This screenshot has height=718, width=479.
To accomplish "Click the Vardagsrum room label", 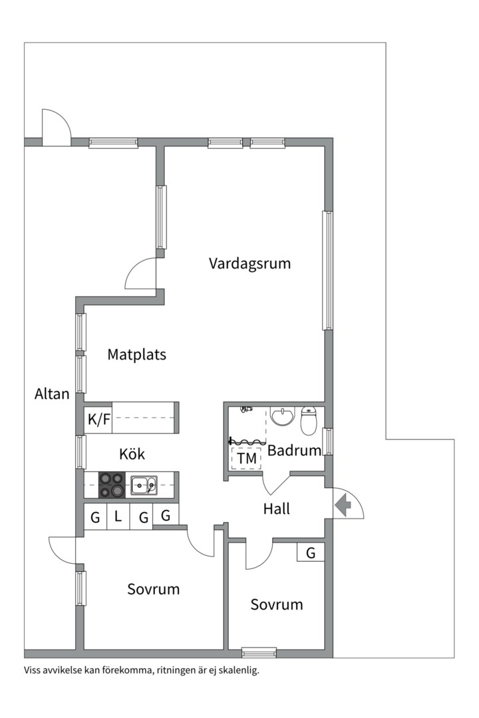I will pos(249,263).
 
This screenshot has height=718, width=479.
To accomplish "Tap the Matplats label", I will pos(136,354).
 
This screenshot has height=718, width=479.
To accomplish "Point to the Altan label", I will pos(52,394).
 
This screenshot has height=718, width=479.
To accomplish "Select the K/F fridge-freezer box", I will pos(98,419).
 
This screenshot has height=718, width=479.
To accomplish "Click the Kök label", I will pos(132,455).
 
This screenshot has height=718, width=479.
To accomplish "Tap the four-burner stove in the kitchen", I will pos(112,485).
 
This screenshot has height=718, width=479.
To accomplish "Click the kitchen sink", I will pos(144,485).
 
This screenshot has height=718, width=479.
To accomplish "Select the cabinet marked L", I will pos(118,517).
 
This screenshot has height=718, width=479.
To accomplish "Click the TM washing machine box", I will pos(246,458).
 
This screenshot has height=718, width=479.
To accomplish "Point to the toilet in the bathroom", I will pos(310,419).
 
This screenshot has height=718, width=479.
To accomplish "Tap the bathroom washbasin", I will pos(283,417).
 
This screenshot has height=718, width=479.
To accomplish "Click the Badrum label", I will pos(294,450).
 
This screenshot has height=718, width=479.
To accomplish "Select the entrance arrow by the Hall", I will pos(343,506).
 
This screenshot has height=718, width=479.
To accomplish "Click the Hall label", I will pos(277,509).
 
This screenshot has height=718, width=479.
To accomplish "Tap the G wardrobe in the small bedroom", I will pos(311,552).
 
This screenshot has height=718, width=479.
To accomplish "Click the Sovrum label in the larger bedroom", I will pos(154,589).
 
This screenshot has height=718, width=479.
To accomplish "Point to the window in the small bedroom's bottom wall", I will pos(259,653).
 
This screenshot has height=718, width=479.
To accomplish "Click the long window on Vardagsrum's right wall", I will pos(327,270).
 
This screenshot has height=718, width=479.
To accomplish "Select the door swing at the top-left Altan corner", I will pos(55,128).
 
